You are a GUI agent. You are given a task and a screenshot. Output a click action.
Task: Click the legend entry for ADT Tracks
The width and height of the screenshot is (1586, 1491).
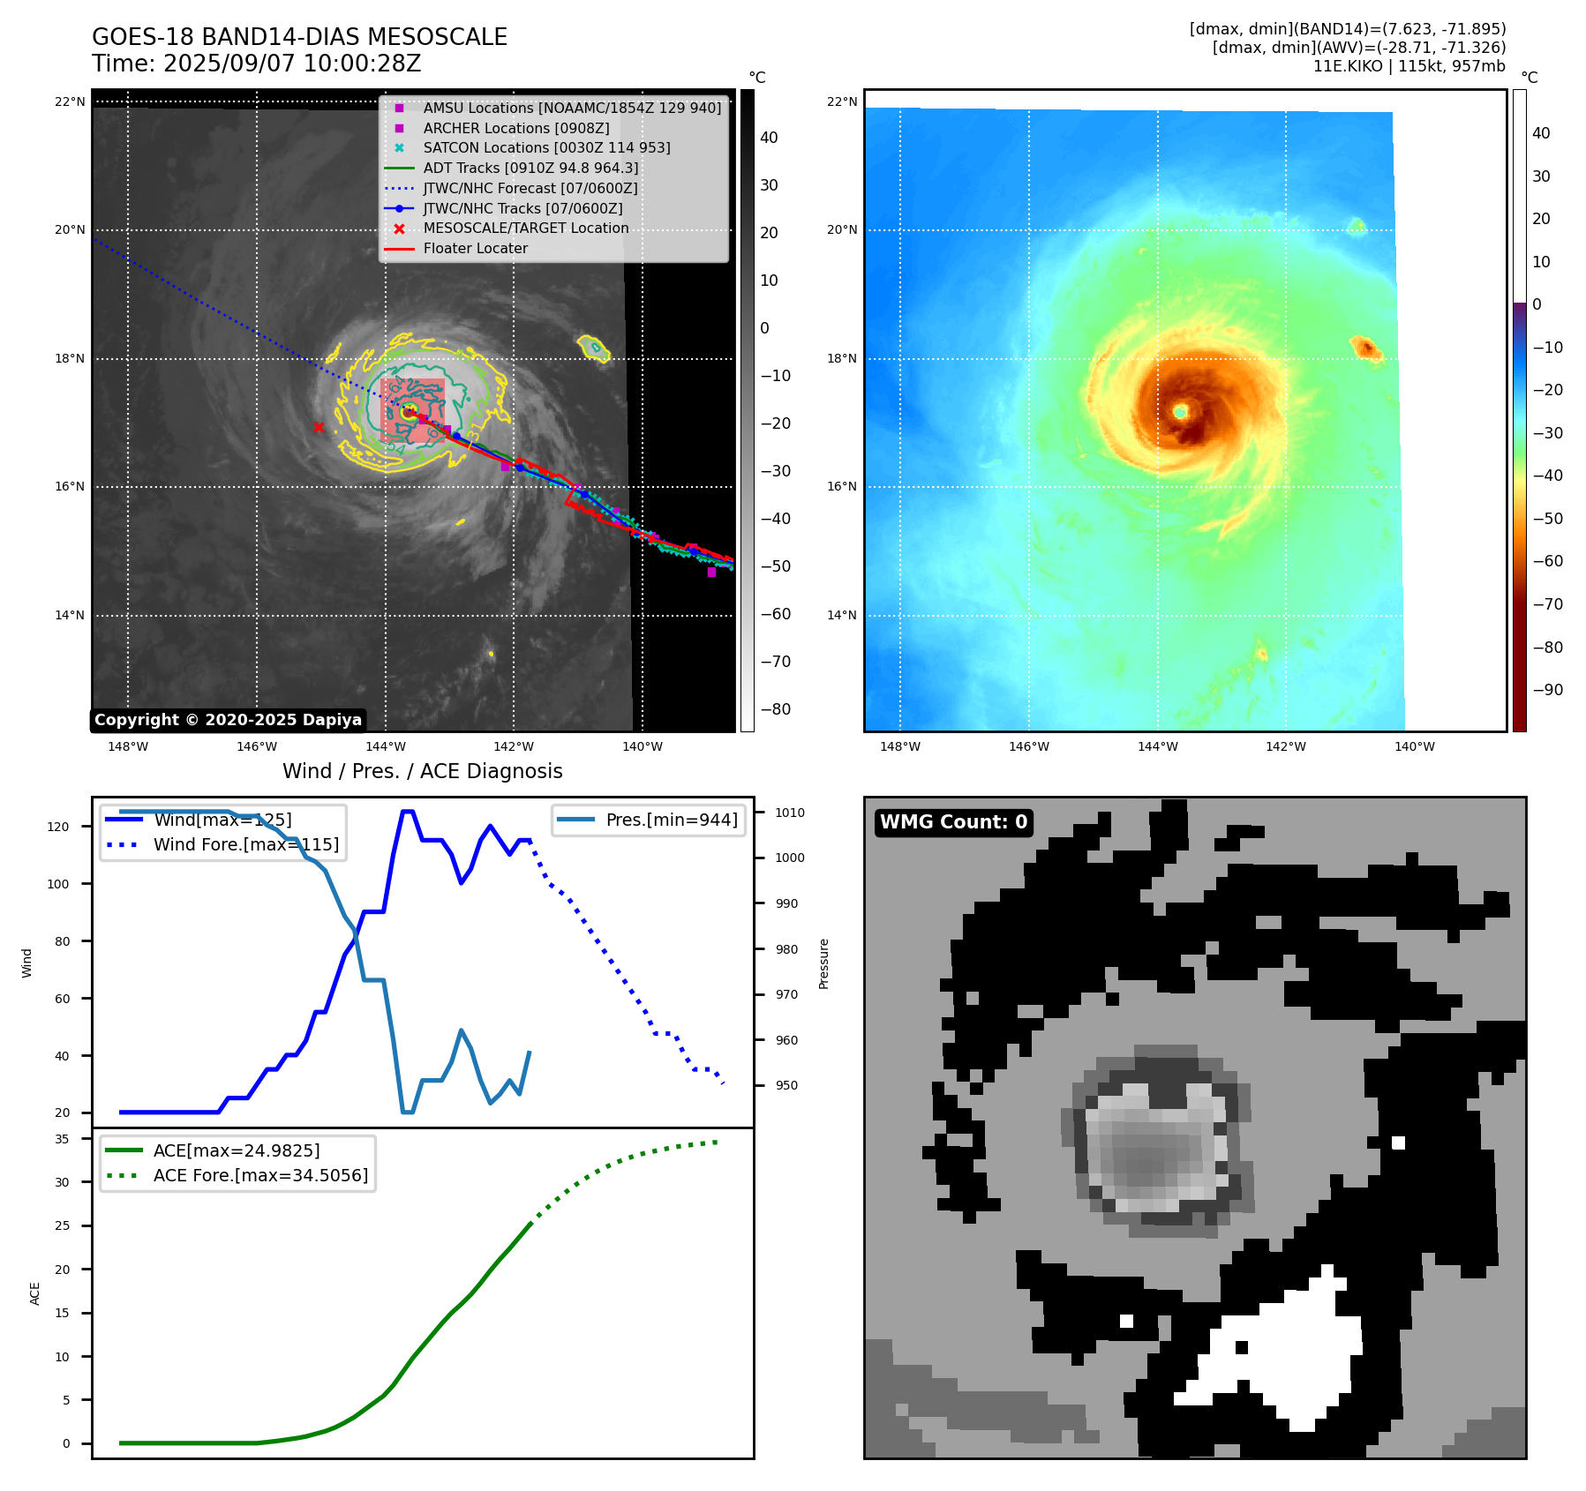(530, 168)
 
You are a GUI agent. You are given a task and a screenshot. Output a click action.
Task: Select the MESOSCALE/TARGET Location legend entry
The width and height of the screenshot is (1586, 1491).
(526, 229)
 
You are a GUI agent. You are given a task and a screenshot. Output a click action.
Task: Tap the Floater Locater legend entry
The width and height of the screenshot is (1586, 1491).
(475, 249)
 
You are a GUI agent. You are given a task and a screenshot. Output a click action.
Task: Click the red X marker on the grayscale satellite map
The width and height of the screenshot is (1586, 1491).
(319, 428)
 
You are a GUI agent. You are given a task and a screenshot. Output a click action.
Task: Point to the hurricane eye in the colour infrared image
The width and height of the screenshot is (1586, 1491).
(1180, 411)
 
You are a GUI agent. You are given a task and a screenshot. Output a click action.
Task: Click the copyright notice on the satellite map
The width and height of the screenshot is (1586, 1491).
(228, 720)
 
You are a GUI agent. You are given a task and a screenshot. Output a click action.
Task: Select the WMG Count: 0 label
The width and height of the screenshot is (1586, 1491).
(953, 822)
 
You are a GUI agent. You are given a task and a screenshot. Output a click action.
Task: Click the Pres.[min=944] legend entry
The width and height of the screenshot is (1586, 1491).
(671, 820)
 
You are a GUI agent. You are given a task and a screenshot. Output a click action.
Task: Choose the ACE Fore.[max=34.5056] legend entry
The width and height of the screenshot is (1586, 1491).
(260, 1175)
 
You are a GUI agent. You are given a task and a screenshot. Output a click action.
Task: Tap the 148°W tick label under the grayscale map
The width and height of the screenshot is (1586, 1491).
(128, 746)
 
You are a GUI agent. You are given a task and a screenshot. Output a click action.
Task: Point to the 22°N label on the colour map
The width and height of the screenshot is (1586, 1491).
(842, 101)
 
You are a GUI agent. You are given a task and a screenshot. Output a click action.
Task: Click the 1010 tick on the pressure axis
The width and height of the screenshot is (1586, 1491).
(790, 813)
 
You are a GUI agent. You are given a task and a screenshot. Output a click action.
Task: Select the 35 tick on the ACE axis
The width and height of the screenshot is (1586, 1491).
(62, 1139)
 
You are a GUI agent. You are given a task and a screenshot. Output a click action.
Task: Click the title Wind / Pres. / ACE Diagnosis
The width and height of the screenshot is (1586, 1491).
(422, 771)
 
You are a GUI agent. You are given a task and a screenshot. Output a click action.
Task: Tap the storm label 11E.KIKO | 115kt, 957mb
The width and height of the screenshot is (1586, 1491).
(1409, 66)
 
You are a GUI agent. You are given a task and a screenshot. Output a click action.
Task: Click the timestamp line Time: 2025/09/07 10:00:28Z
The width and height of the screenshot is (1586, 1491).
(256, 64)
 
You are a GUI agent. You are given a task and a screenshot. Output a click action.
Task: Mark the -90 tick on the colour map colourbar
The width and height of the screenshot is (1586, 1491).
(1547, 690)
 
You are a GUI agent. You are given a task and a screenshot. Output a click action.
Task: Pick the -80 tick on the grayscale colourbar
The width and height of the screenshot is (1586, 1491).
(776, 709)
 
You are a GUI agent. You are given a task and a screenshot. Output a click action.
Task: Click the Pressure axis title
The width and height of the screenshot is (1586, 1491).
(823, 963)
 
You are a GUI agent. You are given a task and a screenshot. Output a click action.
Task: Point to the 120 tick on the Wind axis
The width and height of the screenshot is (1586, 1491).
(57, 827)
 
